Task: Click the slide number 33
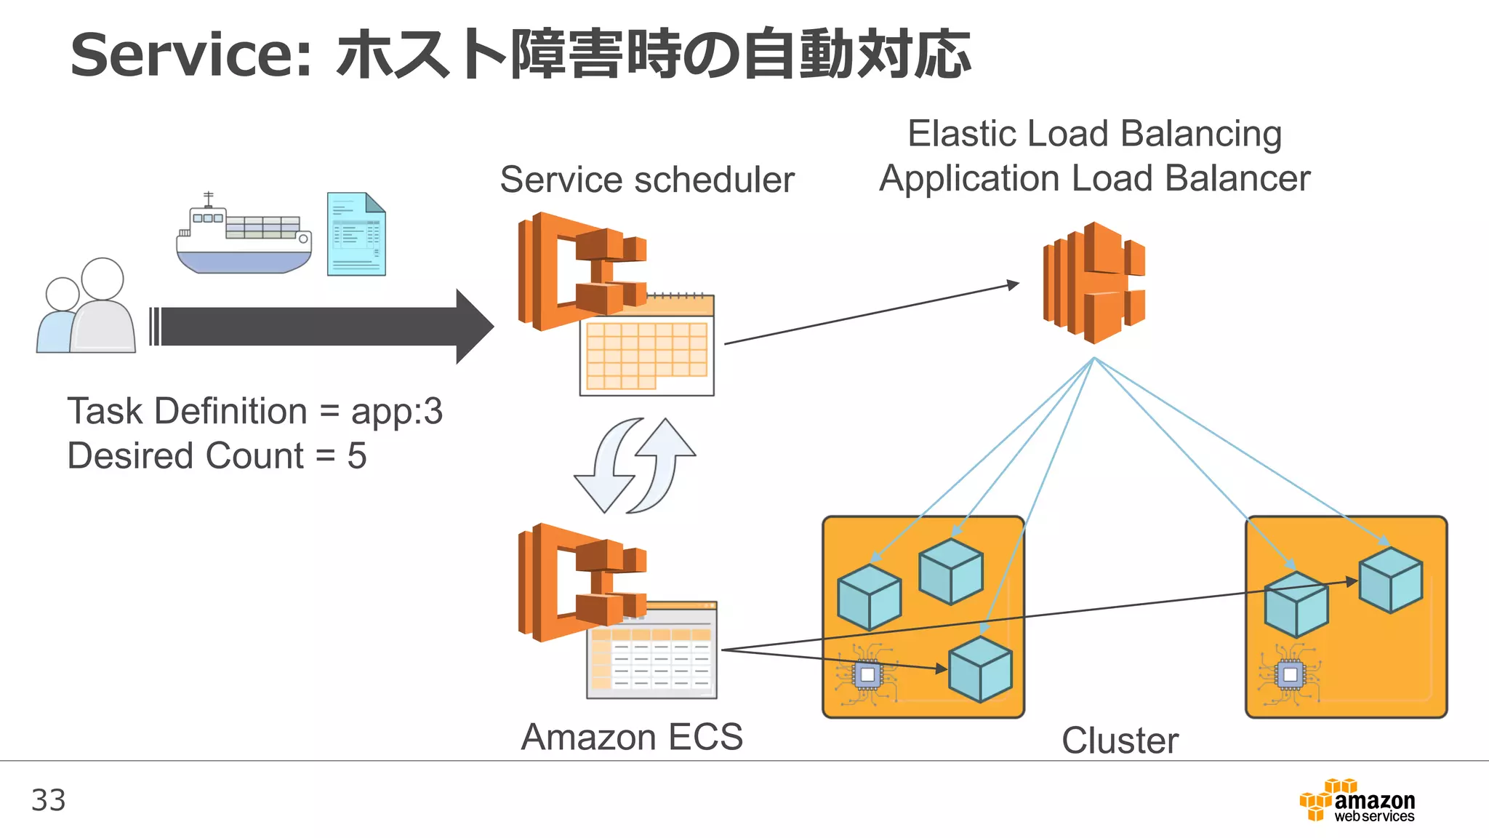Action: coord(48,800)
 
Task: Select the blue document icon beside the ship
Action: coord(356,234)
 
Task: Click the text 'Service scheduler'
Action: coord(647,180)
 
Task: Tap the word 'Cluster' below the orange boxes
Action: coord(1120,741)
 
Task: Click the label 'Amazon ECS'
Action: coord(632,737)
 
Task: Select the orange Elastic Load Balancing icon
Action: coord(1094,283)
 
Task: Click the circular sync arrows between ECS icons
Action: coord(635,466)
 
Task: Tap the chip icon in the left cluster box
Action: coord(867,674)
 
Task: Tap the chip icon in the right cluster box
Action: coord(1290,674)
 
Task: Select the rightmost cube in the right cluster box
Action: coord(1390,580)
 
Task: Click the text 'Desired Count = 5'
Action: coord(217,456)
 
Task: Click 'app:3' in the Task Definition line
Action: coord(396,412)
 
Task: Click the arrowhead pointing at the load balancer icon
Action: coord(1013,284)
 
